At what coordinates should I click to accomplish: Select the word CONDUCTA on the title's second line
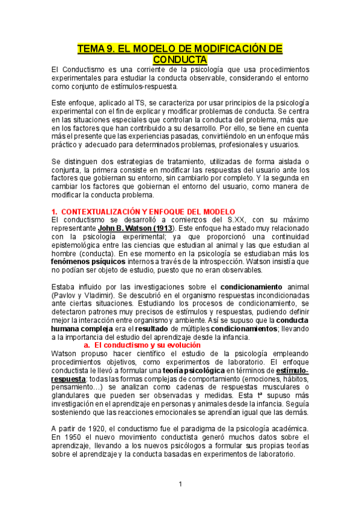(x=180, y=60)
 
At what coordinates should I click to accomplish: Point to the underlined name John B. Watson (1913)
(x=136, y=229)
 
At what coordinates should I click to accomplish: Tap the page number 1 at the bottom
(x=180, y=484)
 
